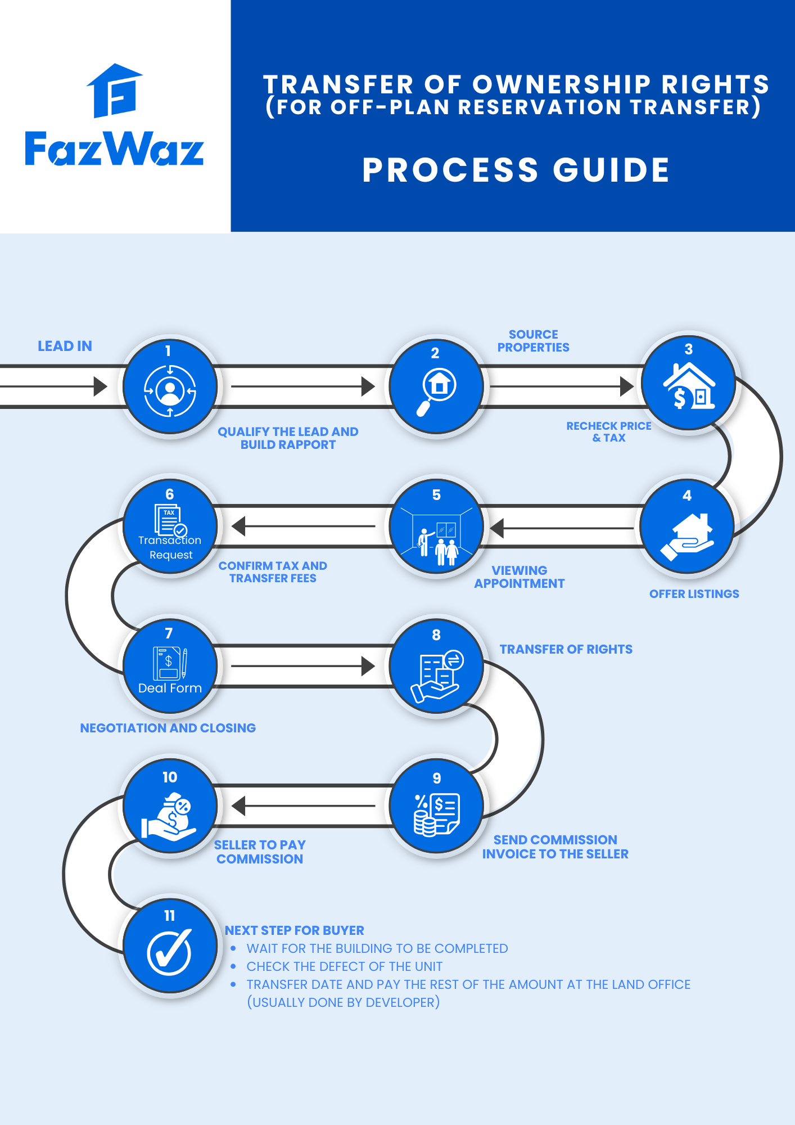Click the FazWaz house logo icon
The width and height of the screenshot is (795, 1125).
[115, 91]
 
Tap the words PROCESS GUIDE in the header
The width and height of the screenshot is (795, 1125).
[516, 170]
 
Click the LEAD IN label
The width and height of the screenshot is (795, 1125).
[65, 346]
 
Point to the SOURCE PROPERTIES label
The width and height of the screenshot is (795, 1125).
[533, 341]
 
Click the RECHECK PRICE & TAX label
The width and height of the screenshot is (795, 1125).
[608, 432]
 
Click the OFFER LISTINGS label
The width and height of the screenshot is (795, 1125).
[694, 594]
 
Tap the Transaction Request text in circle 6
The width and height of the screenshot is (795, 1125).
[170, 547]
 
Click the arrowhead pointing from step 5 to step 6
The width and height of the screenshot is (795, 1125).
[240, 526]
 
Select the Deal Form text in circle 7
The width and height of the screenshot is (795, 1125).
[170, 688]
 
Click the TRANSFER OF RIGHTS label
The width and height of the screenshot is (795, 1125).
[566, 649]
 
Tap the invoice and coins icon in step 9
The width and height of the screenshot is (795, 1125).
[437, 813]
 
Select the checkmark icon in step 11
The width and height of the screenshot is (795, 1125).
[170, 952]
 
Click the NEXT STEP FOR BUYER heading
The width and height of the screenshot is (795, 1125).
[295, 930]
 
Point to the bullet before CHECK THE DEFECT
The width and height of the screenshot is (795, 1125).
[233, 966]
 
